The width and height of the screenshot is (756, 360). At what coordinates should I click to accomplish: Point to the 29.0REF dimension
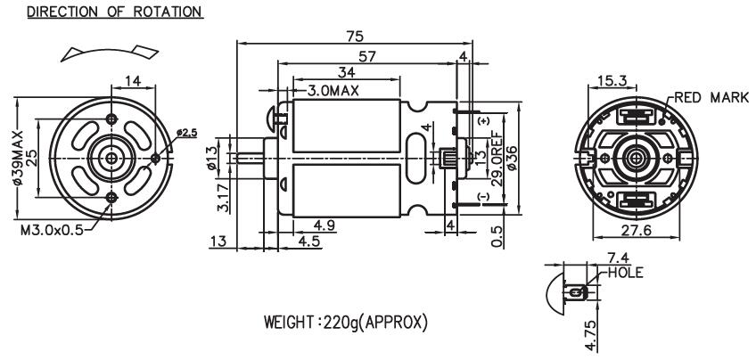point(496,155)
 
